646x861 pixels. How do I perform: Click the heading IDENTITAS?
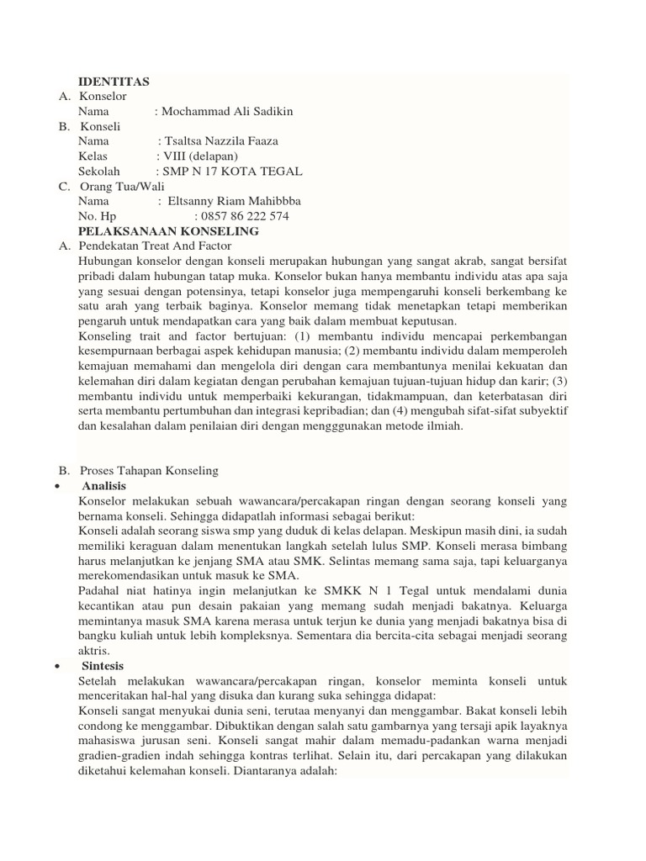[114, 82]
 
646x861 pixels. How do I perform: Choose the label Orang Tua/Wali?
[122, 187]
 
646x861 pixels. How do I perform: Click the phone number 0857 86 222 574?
[241, 216]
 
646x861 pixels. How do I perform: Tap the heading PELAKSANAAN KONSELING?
[168, 231]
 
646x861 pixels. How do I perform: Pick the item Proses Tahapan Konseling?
[149, 471]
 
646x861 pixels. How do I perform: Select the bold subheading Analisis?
[104, 486]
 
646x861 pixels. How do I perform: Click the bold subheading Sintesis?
[103, 666]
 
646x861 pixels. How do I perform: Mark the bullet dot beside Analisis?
[56, 487]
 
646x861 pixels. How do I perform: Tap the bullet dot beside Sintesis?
[56, 667]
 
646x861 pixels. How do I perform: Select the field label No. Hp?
[97, 216]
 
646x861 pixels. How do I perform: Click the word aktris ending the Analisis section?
[95, 651]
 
